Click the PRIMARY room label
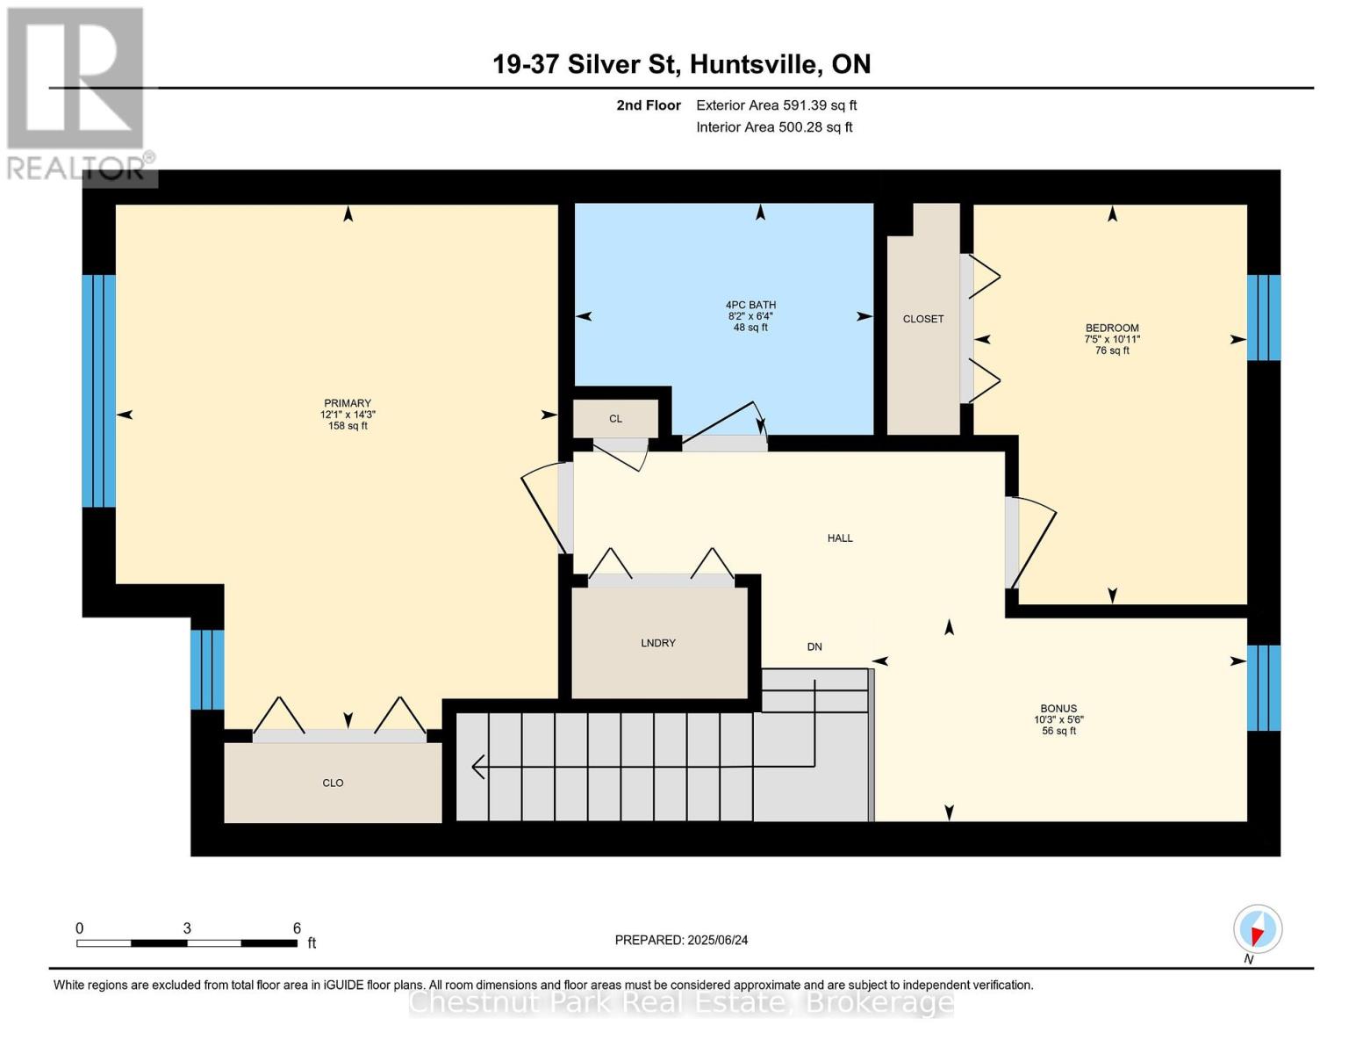[348, 403]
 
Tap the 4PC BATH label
[750, 305]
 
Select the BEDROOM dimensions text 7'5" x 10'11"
[1112, 339]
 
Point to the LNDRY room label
[658, 643]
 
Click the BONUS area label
[1058, 709]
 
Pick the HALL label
[840, 538]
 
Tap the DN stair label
[814, 646]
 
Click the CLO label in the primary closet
[333, 783]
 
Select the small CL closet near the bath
[615, 419]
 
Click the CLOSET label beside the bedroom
[922, 319]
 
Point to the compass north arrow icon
[1258, 929]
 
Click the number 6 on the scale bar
[297, 928]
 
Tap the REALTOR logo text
[75, 169]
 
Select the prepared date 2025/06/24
[718, 940]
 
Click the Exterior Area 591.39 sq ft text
[777, 105]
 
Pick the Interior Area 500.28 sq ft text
[775, 127]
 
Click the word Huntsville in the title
[757, 64]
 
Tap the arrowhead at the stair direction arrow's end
[477, 767]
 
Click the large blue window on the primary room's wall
[99, 391]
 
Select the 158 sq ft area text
[348, 426]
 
